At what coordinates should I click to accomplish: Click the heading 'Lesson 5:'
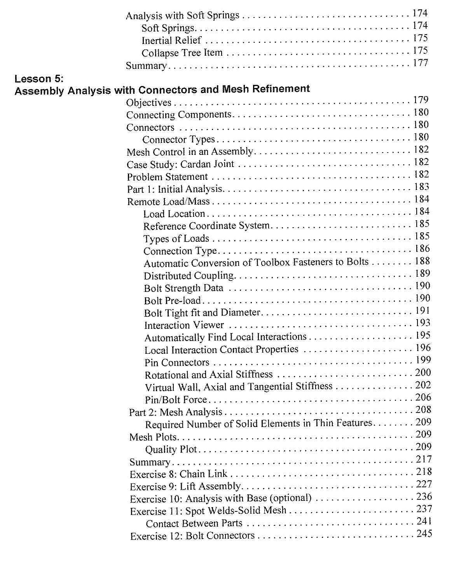[38, 79]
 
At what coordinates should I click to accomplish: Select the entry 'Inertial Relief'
[171, 40]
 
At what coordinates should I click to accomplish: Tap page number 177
[420, 63]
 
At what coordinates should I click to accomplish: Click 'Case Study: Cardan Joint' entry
[180, 164]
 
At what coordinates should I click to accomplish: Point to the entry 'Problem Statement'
[167, 177]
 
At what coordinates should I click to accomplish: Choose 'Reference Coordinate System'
[206, 226]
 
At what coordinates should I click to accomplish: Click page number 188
[422, 261]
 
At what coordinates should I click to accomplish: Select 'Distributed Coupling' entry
[189, 276]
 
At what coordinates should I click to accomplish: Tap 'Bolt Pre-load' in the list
[172, 301]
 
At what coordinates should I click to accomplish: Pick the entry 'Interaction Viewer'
[184, 325]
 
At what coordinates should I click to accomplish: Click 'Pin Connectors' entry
[177, 363]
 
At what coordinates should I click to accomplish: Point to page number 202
[423, 385]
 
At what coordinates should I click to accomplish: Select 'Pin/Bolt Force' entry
[176, 400]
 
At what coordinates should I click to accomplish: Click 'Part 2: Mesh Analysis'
[176, 412]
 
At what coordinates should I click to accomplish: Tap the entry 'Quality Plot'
[171, 450]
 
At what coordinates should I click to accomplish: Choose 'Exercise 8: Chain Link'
[178, 474]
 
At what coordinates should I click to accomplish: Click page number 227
[424, 484]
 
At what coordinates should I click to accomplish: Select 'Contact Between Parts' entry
[194, 524]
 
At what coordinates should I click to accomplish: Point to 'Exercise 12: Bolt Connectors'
[192, 536]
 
